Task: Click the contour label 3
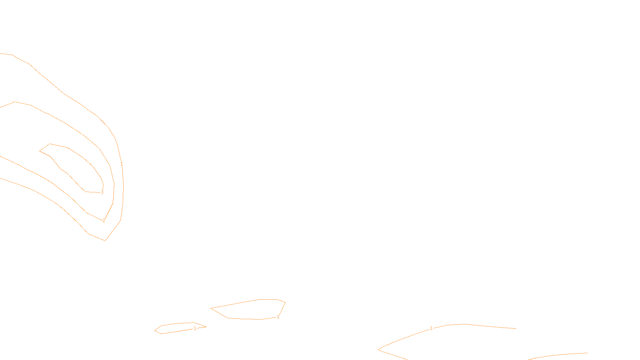[x=102, y=192]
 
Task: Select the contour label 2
[x=104, y=221]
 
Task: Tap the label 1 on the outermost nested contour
[x=122, y=164]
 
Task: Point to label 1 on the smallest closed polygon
[x=195, y=328]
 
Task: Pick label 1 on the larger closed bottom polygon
[x=278, y=317]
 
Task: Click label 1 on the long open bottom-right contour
[x=431, y=328]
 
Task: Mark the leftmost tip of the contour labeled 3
[x=40, y=151]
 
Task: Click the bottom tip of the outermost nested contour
[x=105, y=240]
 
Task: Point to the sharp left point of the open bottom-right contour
[x=378, y=350]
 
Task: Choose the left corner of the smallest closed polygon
[x=155, y=330]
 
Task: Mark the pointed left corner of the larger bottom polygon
[x=211, y=308]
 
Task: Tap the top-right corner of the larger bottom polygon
[x=285, y=302]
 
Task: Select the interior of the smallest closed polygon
[x=178, y=328]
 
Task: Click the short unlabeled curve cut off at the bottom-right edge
[x=560, y=355]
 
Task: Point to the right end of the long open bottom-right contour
[x=516, y=328]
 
